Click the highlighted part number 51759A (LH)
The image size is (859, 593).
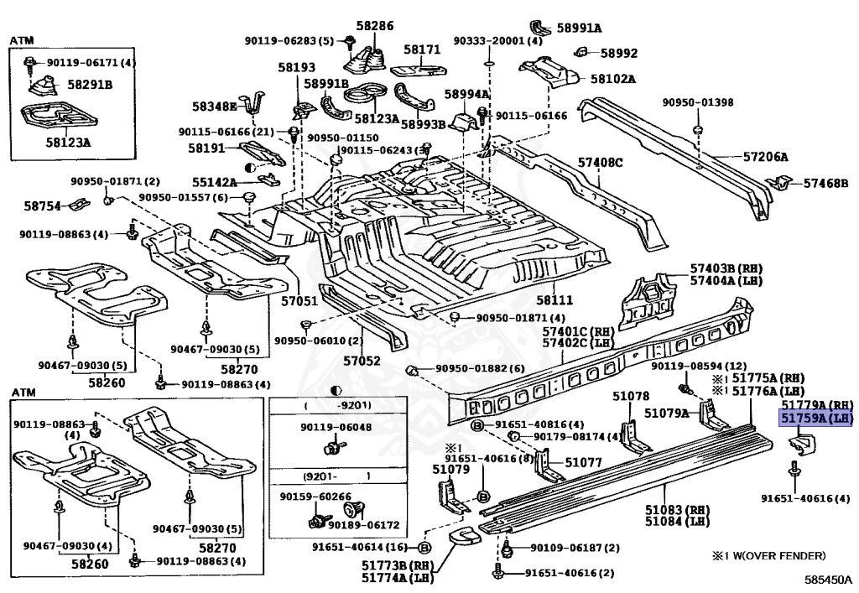point(816,418)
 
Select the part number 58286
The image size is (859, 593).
point(374,27)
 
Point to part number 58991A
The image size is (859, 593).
point(579,28)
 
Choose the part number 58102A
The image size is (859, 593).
point(612,79)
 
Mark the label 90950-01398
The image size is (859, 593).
point(697,102)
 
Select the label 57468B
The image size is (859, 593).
point(825,182)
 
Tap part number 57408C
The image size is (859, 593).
point(600,161)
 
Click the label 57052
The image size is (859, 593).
point(362,361)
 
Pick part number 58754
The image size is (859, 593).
point(42,205)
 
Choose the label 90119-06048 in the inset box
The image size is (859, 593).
point(336,427)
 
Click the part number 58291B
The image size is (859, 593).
point(90,85)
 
